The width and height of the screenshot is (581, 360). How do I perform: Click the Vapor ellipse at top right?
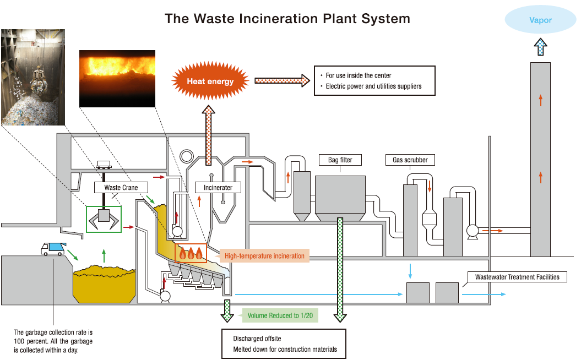[540, 20]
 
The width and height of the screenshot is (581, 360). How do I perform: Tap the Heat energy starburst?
[210, 81]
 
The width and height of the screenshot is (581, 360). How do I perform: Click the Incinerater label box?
[218, 187]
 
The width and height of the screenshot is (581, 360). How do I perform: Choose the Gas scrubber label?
[410, 160]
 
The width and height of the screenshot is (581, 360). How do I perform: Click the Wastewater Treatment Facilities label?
[517, 277]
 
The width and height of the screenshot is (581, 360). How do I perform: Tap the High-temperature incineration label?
[264, 256]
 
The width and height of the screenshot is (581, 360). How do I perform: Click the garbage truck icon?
[53, 249]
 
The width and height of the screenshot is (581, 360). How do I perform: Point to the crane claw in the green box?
[104, 219]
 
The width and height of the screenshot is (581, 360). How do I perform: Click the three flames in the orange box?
[191, 253]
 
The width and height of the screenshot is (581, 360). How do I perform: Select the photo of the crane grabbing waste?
[33, 77]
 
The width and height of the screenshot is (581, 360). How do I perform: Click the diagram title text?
[287, 18]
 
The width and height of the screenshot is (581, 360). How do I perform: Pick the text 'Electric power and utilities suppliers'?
[373, 86]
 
